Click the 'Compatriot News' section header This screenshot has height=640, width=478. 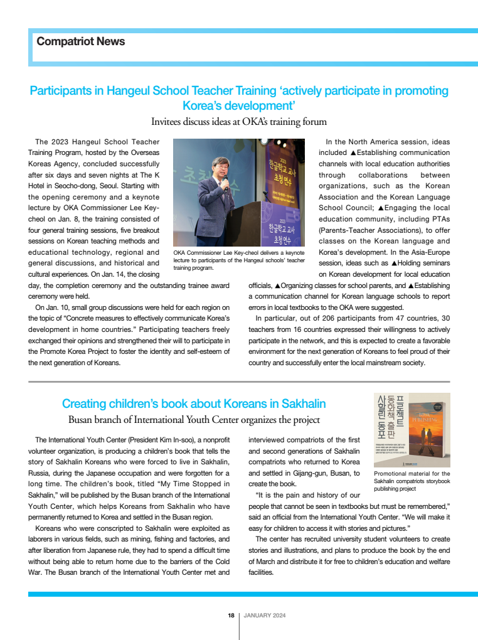81,41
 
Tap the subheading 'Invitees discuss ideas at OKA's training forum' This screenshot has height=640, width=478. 238,121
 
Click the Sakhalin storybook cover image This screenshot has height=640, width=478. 412,429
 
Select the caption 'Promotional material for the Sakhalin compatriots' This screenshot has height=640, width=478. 412,481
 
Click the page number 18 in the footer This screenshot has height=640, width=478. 231,616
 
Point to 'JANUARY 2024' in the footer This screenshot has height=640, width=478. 264,616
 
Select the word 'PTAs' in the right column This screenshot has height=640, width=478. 437,219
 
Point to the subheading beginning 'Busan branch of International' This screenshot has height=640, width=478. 194,419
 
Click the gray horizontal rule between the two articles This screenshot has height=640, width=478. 238,381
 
